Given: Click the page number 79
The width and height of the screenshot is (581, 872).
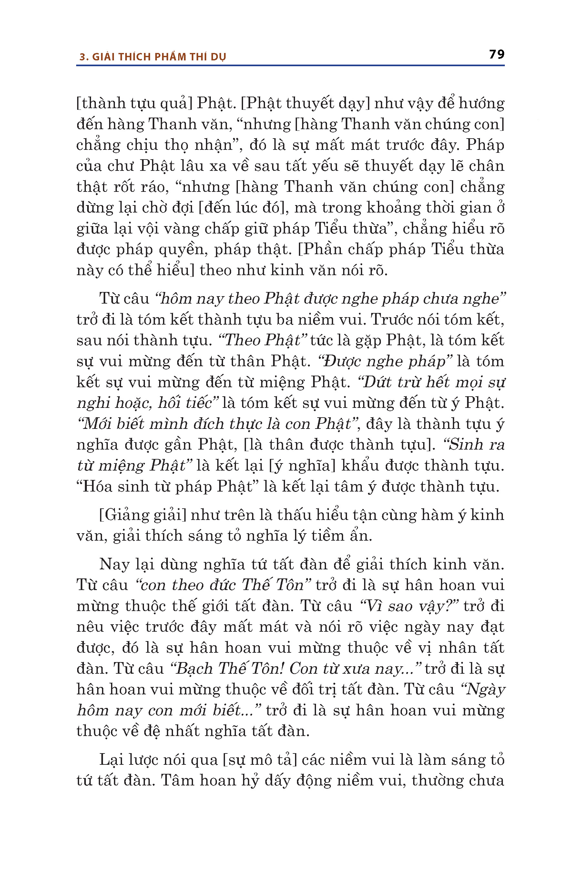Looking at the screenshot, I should point(496,55).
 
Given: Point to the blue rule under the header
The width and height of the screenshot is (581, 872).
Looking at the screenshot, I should point(290,65).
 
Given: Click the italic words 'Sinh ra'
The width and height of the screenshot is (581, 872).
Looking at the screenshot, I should point(476,444).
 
